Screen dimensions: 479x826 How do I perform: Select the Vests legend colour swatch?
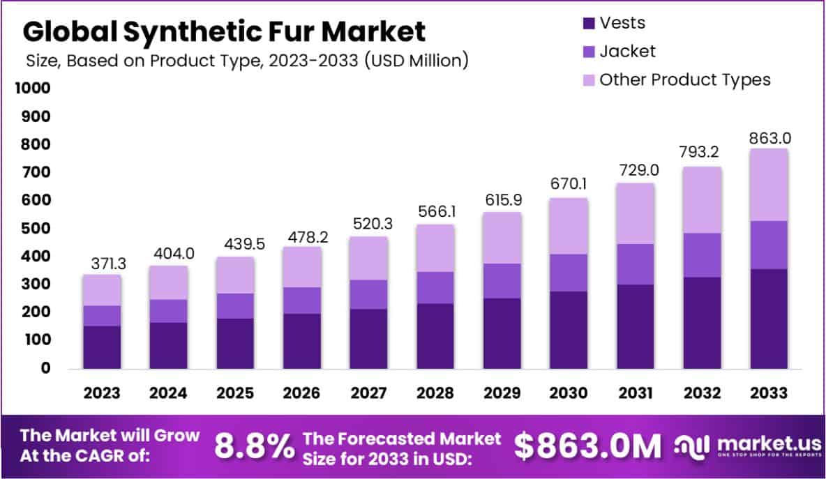588,23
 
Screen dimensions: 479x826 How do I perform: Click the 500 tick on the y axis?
36,229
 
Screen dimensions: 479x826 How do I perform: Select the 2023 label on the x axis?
102,393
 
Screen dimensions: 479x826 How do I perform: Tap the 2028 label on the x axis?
435,393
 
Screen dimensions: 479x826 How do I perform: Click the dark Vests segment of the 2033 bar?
768,319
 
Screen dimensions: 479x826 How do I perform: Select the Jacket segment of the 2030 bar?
569,273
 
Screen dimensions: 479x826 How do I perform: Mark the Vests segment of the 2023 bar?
102,347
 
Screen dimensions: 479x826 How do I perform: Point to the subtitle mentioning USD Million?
246,61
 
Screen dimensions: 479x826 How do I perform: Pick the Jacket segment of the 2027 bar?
368,294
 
